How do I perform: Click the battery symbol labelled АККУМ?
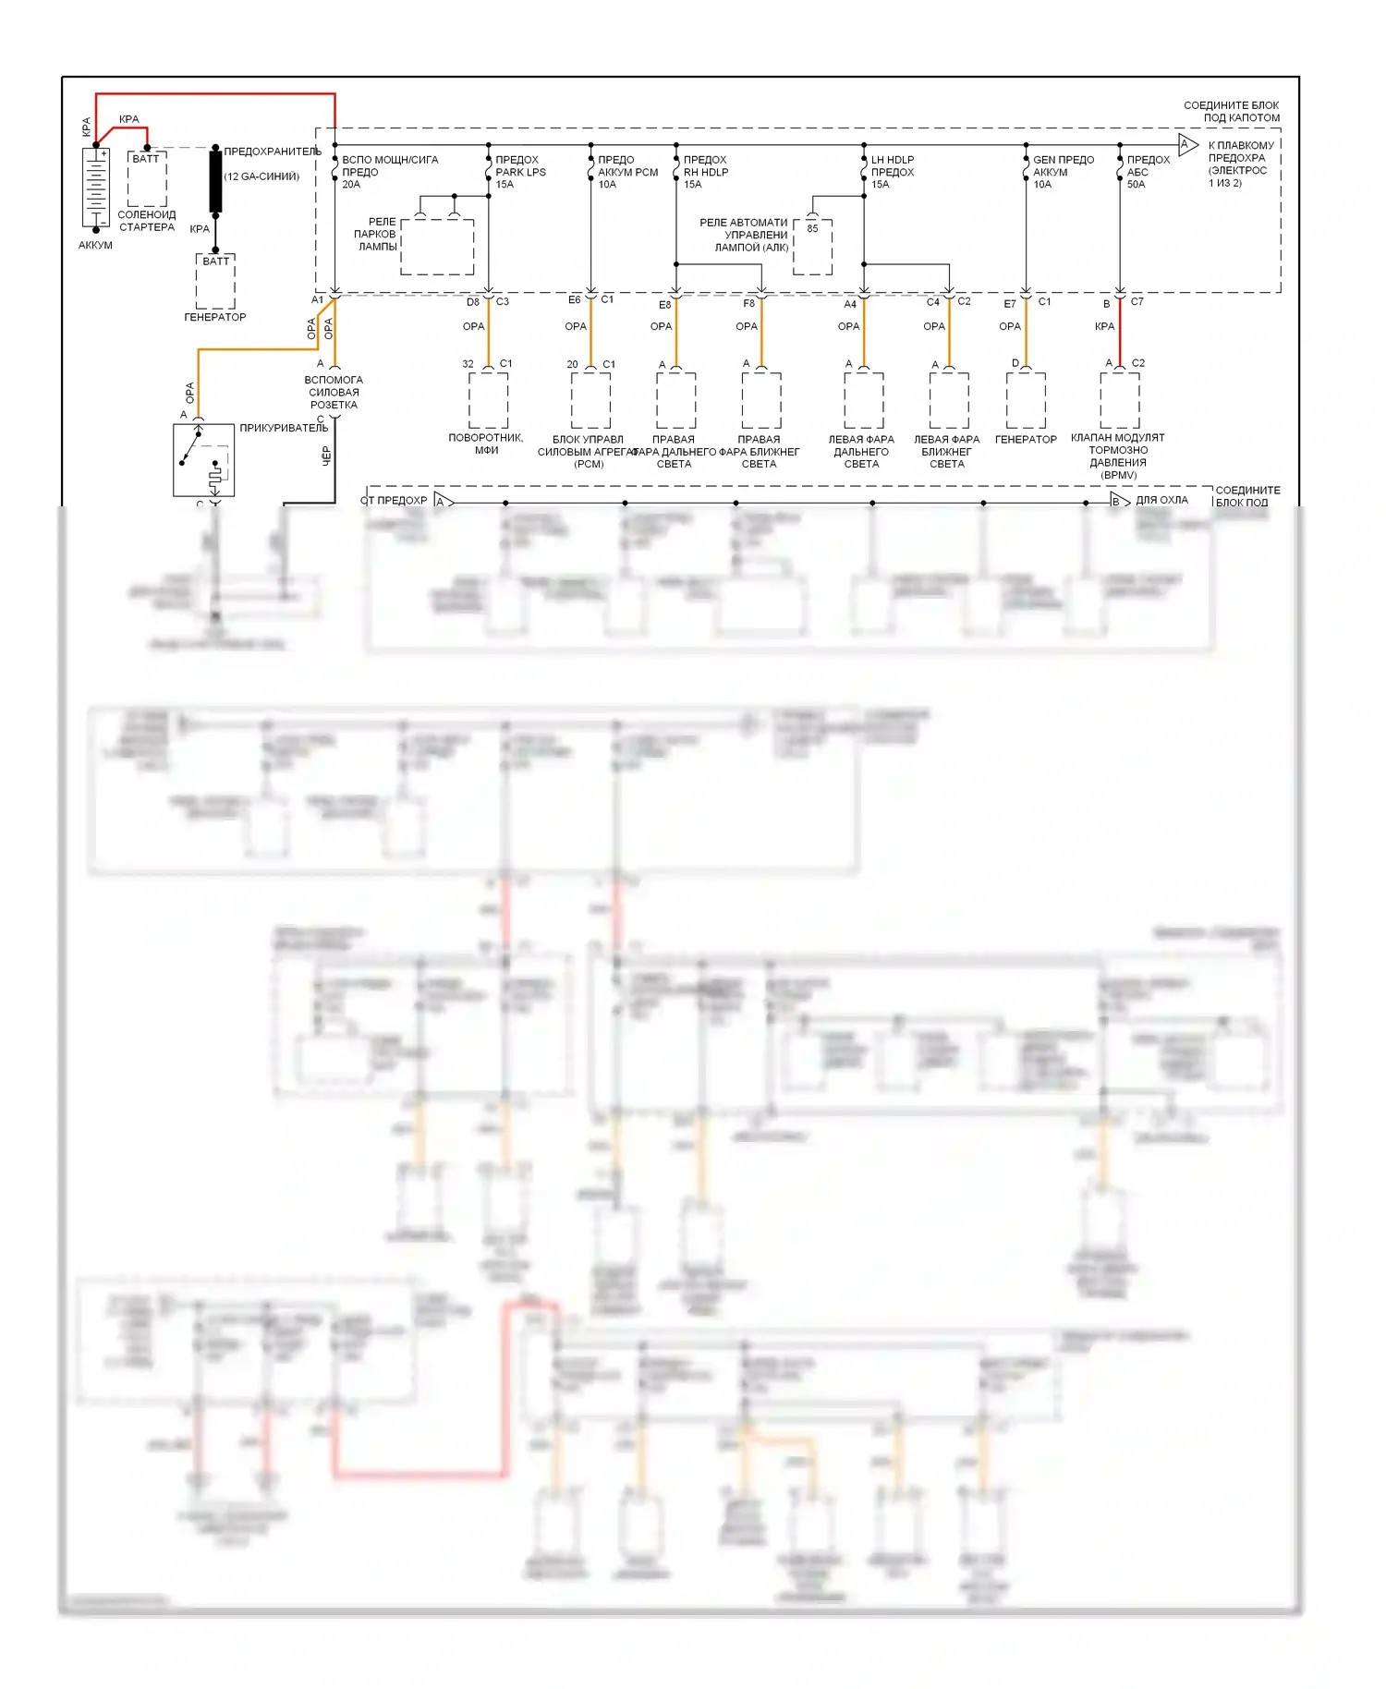pos(96,187)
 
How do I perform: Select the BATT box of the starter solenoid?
pos(146,180)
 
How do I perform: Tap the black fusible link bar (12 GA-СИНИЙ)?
pos(215,181)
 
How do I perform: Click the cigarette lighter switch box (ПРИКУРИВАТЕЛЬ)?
pos(203,460)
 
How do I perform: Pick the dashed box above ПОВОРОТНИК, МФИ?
pos(488,399)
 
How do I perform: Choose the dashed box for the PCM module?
pos(590,400)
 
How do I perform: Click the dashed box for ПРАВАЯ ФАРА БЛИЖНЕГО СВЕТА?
pos(761,400)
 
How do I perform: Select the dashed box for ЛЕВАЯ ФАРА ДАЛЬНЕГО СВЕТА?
pos(864,400)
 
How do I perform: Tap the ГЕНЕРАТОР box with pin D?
pos(1026,400)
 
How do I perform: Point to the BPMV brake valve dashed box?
pos(1119,400)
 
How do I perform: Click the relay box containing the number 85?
pos(812,247)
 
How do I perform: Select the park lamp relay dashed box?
pos(437,247)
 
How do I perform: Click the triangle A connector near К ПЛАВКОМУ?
pos(1187,144)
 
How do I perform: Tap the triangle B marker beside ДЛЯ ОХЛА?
pos(1118,502)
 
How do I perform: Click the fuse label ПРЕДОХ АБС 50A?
pos(1148,172)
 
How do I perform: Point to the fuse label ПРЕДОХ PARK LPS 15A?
pos(520,172)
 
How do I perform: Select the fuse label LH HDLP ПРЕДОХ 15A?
pos(893,172)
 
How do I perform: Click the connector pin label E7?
pos(1010,303)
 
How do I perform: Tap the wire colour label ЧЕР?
pos(326,456)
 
